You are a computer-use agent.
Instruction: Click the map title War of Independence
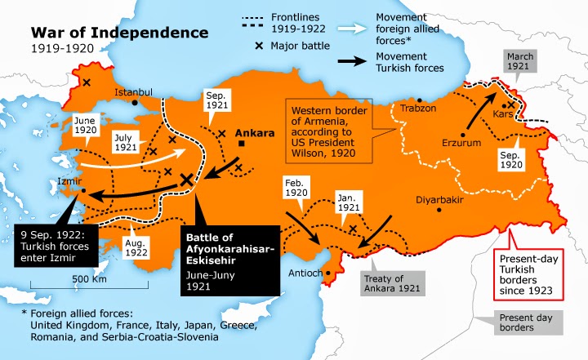119,33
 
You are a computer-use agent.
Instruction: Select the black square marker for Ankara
243,144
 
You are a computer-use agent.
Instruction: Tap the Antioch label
308,272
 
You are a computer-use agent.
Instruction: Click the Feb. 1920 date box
299,189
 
